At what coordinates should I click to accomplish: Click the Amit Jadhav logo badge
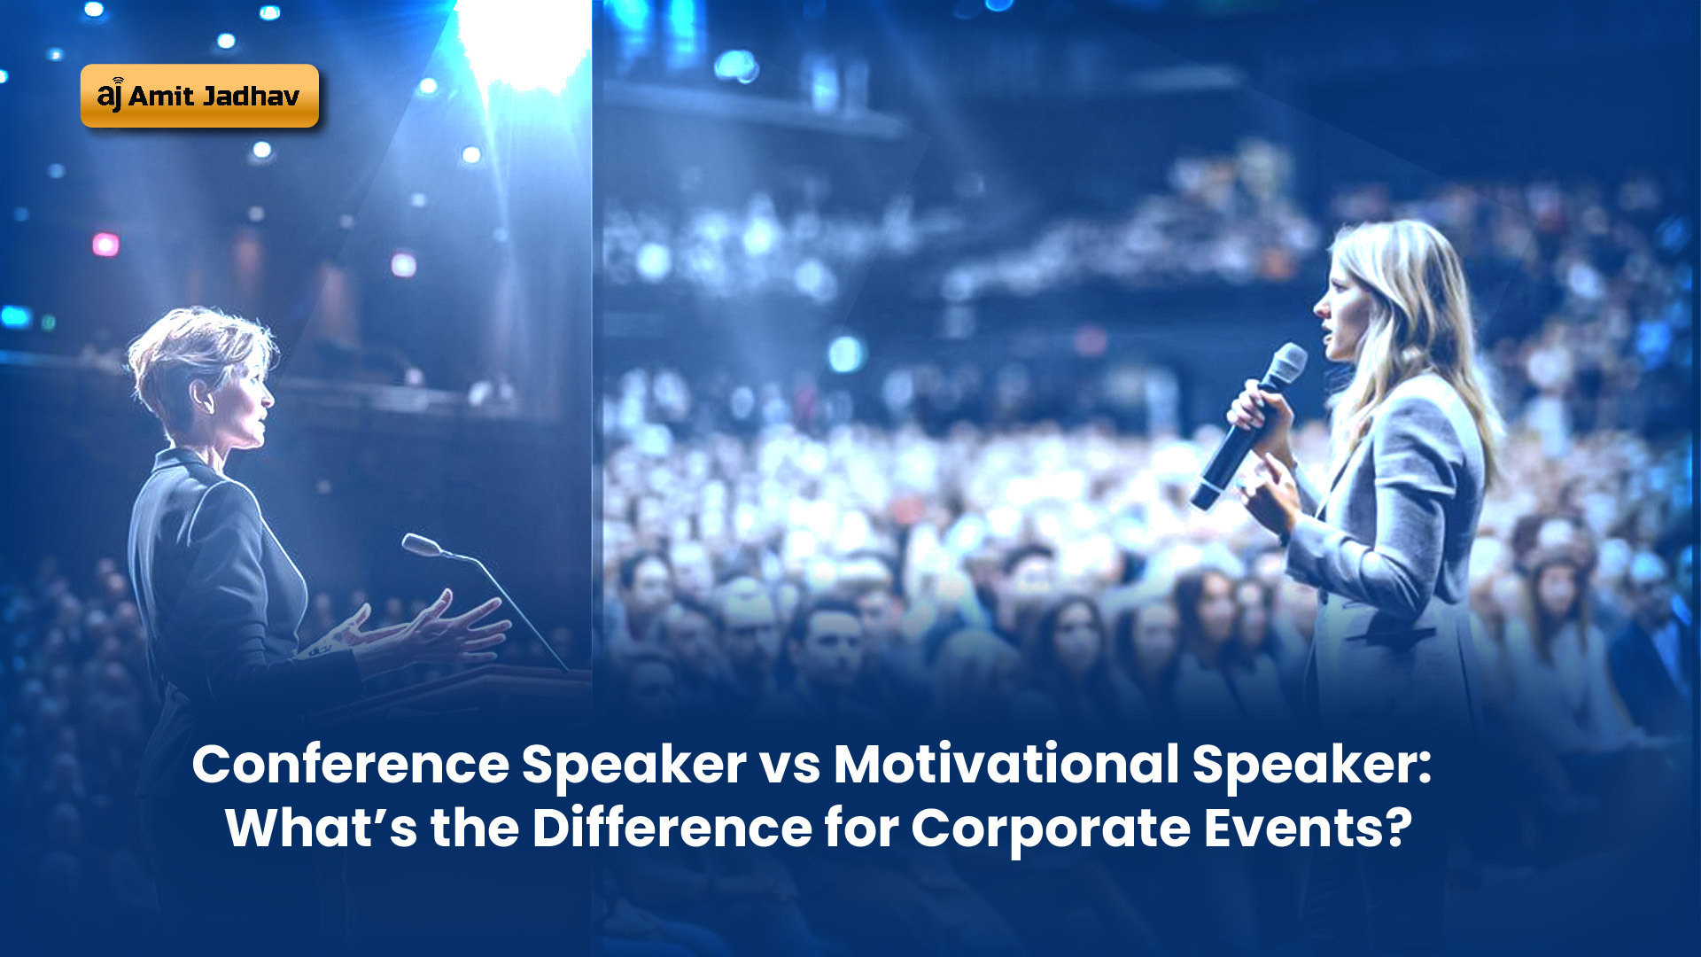point(199,96)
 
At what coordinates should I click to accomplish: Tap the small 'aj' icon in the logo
point(110,94)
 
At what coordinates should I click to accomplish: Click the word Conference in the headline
point(351,764)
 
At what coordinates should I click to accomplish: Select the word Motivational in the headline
point(1006,764)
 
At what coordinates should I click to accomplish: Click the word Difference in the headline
point(672,828)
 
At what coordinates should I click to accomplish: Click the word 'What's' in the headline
point(321,828)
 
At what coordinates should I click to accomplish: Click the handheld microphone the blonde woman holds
point(1247,425)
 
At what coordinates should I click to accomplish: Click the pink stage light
point(105,244)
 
